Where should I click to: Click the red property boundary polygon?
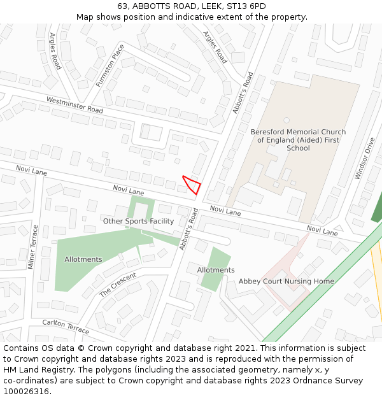click(192, 185)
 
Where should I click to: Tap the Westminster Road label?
click(74, 105)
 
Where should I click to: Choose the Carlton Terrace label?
click(66, 325)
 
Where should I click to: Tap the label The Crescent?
click(118, 285)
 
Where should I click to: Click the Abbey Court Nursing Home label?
click(286, 281)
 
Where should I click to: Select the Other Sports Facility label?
click(138, 221)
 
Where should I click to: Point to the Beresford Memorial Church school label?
click(298, 140)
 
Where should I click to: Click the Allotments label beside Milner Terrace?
click(83, 259)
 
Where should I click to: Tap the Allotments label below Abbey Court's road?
click(216, 270)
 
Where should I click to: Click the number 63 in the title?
click(122, 6)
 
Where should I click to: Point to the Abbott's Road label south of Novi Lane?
click(188, 229)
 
